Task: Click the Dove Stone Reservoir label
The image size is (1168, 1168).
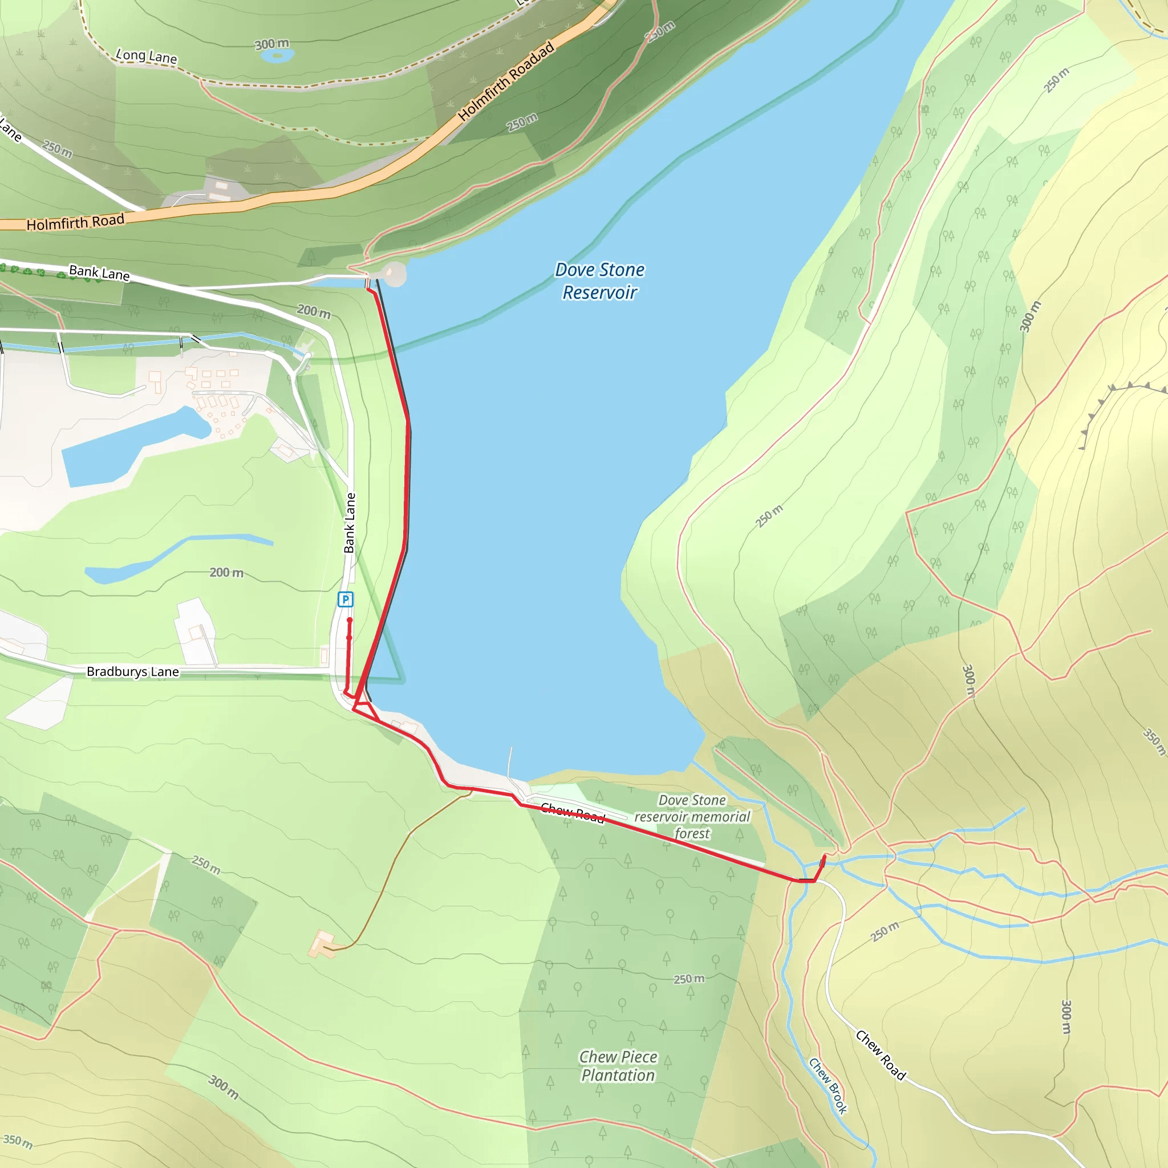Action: pos(600,281)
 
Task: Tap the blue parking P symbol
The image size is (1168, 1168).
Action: pos(345,599)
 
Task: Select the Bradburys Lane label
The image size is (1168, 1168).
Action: pos(132,672)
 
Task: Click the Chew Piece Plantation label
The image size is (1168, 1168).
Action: pos(618,1066)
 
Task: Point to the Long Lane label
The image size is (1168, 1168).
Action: pos(147,57)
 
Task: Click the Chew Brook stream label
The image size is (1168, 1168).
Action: pos(828,1085)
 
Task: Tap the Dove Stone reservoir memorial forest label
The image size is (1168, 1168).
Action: pos(692,817)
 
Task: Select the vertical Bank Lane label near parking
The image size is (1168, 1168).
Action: pos(350,523)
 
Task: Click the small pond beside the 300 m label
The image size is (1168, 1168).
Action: pos(278,56)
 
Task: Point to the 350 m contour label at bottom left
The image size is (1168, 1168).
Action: pos(18,1141)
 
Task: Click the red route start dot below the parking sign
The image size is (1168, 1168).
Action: pos(350,620)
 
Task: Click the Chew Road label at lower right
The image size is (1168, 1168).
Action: pos(880,1055)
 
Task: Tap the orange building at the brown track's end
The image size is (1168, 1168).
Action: pos(322,944)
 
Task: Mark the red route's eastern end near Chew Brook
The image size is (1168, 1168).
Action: pos(825,857)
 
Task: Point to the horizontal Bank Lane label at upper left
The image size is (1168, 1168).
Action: pos(99,273)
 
